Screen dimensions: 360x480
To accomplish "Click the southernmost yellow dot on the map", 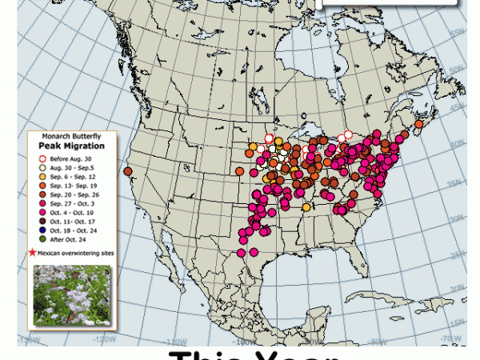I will coord(306,207).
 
